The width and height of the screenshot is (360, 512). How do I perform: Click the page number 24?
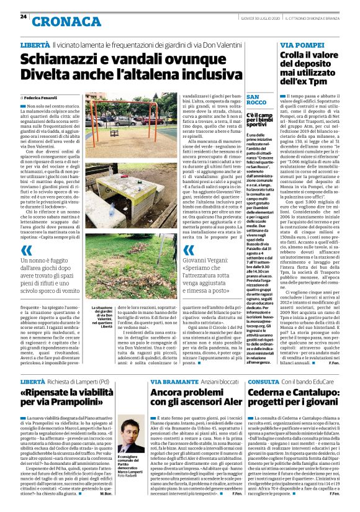tap(23, 16)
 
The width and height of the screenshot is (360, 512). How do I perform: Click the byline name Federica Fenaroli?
tap(42, 98)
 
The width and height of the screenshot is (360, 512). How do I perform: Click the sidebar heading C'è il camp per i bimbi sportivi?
tap(243, 121)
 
